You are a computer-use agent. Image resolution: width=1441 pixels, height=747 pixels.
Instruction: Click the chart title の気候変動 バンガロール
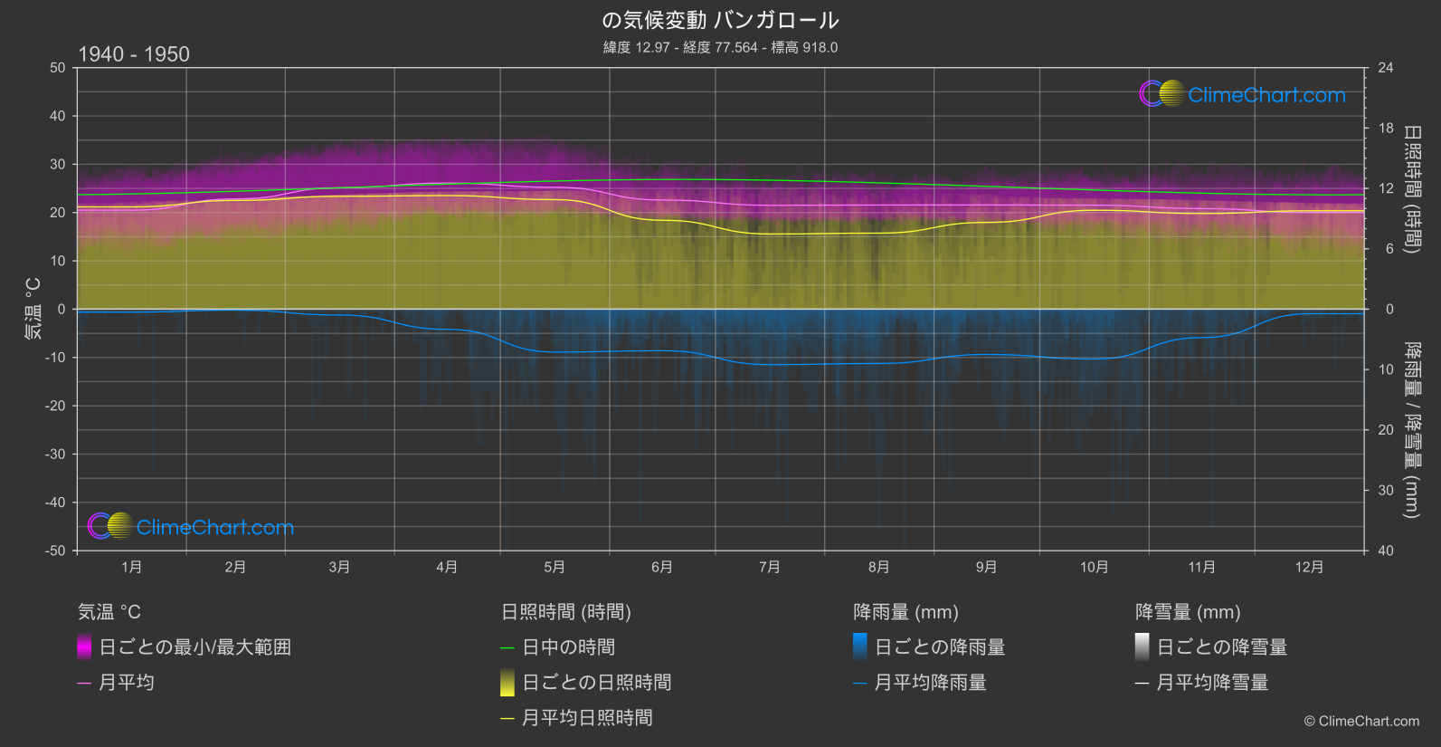coord(720,20)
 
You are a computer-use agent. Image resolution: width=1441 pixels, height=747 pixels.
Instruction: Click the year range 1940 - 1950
coord(134,54)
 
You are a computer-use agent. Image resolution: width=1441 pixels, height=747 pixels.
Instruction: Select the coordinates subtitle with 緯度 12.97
coord(720,47)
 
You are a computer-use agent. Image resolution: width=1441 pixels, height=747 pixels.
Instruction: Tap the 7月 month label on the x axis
coord(770,567)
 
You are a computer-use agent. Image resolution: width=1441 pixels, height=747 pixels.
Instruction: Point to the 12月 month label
coord(1309,567)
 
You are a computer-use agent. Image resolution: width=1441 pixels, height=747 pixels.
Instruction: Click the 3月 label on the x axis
coord(339,567)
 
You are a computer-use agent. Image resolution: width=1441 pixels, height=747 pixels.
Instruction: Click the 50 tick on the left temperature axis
coord(58,68)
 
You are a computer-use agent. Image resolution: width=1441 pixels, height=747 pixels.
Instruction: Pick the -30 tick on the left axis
coord(56,454)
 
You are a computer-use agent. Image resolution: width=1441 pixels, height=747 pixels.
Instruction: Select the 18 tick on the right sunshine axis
coord(1386,129)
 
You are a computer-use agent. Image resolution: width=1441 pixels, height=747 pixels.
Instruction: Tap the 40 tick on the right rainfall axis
coord(1386,551)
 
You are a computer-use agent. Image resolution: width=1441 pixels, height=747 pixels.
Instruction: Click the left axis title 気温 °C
coord(33,309)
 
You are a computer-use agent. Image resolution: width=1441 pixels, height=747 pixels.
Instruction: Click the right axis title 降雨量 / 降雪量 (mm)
coord(1411,429)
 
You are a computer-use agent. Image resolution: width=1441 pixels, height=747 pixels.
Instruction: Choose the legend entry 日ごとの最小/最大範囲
coord(194,647)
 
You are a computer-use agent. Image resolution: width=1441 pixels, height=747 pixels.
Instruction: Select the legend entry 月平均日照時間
coord(587,718)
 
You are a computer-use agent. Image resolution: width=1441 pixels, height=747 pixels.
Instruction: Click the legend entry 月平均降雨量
coord(930,683)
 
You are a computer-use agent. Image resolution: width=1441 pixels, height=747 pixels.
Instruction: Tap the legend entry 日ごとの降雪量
coord(1221,647)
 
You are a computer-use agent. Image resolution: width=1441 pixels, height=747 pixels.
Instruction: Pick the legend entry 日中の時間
coord(568,647)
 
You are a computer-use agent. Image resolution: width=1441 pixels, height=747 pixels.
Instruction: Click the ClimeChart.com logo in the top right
coord(1242,94)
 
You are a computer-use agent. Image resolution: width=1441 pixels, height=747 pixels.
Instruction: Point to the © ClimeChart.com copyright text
coord(1361,722)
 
